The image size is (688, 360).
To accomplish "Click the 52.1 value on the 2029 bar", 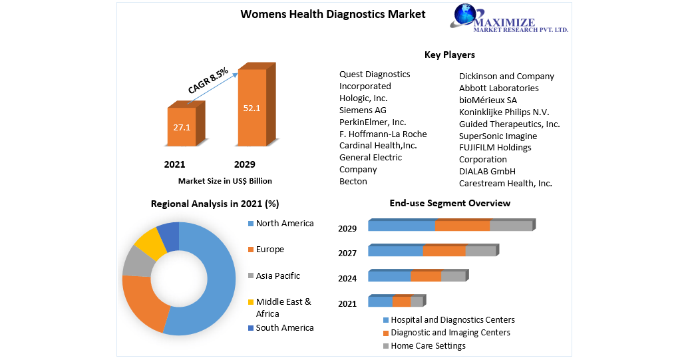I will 252,108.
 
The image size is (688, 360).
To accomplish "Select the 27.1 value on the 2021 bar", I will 182,126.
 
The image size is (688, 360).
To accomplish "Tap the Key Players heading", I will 450,55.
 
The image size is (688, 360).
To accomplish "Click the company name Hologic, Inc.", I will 363,98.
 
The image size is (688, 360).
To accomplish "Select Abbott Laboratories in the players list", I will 499,88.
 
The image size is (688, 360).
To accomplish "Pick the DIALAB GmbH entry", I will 487,171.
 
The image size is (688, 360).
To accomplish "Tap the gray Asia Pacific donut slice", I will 136,261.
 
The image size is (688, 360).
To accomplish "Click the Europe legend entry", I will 269,250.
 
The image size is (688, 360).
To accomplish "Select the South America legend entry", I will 284,327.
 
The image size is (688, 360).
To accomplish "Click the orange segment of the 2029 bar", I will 462,226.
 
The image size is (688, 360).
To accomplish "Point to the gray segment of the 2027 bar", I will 480,251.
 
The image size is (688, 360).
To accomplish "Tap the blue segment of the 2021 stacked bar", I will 380,301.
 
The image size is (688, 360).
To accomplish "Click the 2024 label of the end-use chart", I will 347,278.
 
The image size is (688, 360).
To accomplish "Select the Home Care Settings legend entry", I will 428,345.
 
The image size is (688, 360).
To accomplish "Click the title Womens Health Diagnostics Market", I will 333,14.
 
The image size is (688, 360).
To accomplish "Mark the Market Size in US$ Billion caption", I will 225,181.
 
